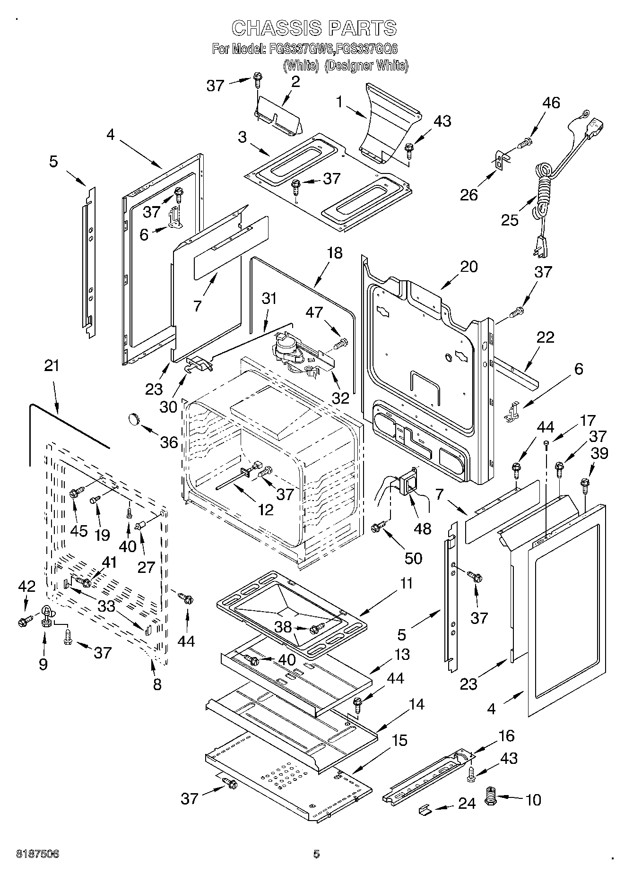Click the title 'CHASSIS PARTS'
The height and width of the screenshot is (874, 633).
coord(314,28)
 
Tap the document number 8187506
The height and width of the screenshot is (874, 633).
coord(37,854)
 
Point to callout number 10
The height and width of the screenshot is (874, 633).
coord(533,800)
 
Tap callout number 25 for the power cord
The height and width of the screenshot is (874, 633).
coord(510,220)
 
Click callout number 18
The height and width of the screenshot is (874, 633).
coord(334,253)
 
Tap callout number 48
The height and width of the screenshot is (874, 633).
coord(422,528)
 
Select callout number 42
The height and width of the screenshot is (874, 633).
coord(26,587)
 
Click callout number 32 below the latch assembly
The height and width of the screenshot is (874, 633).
coord(340,398)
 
